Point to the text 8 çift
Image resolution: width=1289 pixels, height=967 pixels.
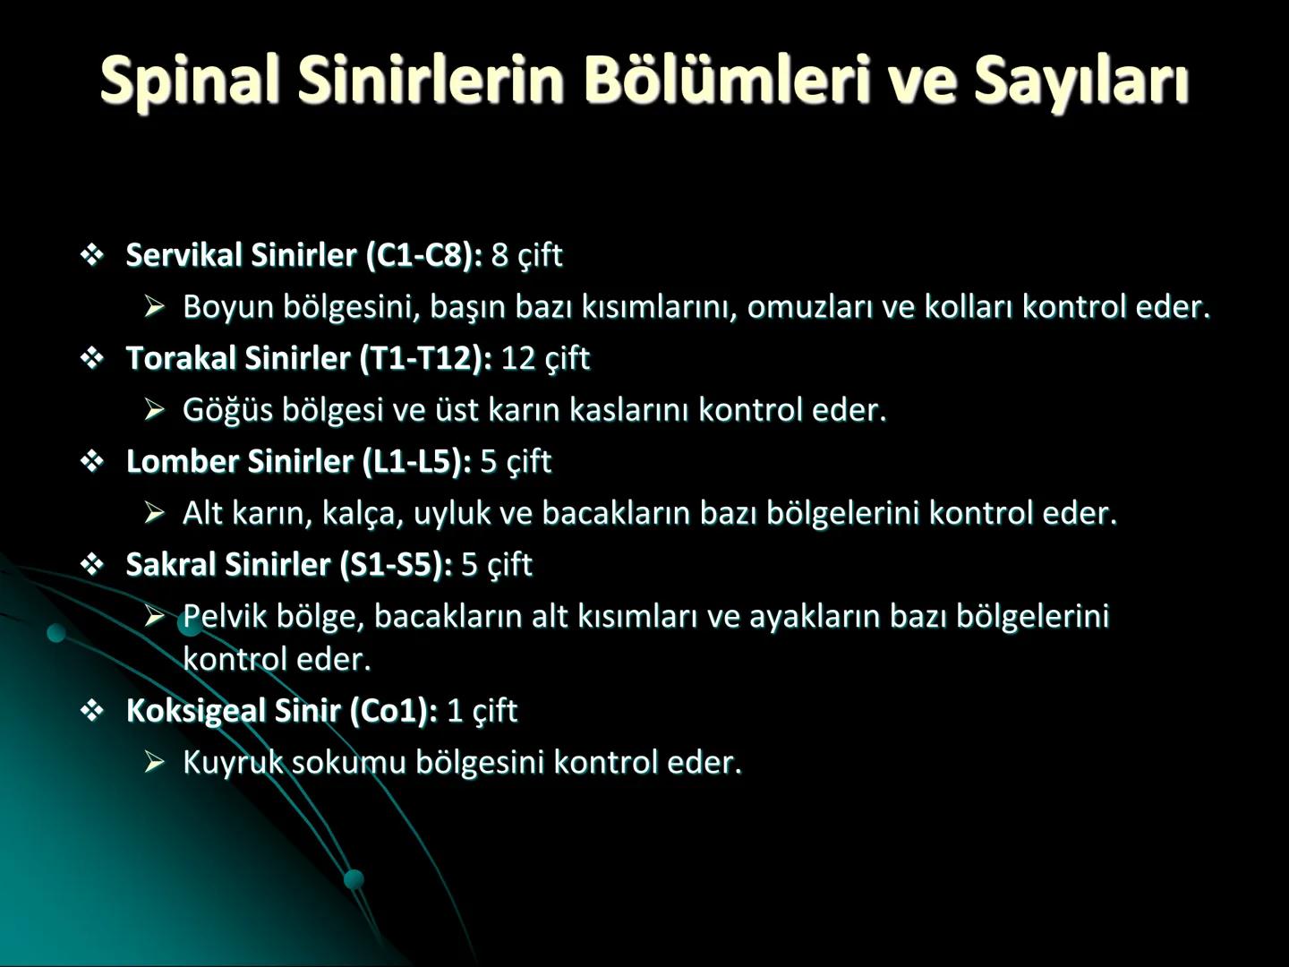coord(526,255)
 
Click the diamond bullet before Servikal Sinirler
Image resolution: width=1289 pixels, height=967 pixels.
coord(92,256)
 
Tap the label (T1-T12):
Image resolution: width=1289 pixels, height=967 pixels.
coord(426,358)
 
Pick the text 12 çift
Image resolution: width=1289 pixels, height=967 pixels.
coord(544,358)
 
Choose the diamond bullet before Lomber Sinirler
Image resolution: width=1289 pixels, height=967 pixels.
coord(92,462)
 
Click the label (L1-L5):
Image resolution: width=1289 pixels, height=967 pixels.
coord(416,461)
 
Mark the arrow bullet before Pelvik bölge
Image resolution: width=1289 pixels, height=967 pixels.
coord(155,616)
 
